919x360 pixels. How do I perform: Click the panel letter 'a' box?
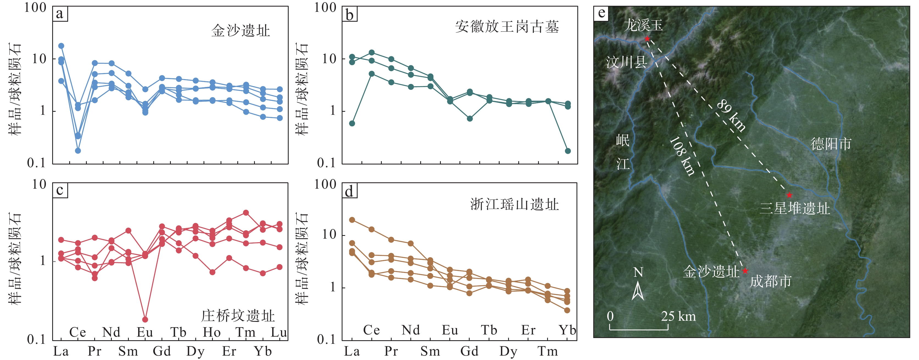(x=60, y=14)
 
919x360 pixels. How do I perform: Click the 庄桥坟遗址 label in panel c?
(x=238, y=316)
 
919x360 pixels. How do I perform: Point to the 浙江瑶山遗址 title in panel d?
(x=514, y=205)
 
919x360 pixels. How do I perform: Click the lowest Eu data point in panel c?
(x=145, y=319)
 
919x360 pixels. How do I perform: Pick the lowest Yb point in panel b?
(x=568, y=151)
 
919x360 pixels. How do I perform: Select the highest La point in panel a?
(x=61, y=46)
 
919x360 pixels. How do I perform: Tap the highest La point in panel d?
(x=352, y=220)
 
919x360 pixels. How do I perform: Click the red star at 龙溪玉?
(x=647, y=38)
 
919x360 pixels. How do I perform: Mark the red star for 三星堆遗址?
(x=789, y=195)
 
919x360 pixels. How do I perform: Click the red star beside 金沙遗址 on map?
(x=745, y=271)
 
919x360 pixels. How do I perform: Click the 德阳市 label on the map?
(x=831, y=144)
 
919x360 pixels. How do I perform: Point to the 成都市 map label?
(x=771, y=281)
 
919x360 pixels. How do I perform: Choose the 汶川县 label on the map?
(x=626, y=62)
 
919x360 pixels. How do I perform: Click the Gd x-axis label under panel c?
(x=161, y=352)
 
